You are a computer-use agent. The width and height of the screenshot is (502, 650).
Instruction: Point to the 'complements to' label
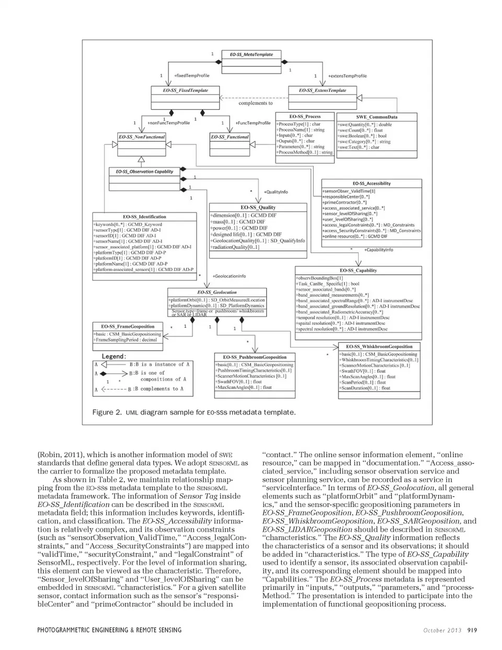click(256, 103)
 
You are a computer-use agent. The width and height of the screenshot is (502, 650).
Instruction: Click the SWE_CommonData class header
click(376, 117)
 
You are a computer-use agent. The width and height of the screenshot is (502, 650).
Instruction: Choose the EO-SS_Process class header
click(305, 116)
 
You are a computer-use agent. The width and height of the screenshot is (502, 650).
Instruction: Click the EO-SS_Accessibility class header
click(371, 183)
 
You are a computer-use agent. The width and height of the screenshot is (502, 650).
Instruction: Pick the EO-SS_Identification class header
click(144, 216)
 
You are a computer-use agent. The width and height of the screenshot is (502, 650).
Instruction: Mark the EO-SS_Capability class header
click(358, 270)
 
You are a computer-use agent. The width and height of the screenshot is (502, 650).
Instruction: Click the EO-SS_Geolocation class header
click(216, 292)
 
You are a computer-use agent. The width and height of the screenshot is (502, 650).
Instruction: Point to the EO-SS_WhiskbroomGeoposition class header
click(379, 346)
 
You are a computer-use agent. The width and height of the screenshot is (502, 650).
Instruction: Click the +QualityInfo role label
click(276, 192)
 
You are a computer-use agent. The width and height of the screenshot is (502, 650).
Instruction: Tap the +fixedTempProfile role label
click(191, 76)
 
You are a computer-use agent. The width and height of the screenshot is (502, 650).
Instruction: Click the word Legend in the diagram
click(113, 356)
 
